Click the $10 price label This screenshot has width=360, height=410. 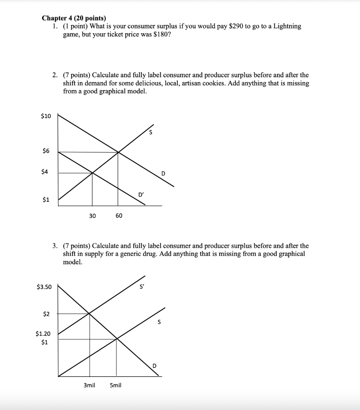(46, 116)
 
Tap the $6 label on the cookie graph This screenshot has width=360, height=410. (46, 151)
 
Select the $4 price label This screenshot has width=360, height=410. (46, 172)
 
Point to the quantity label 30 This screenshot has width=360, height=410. (93, 216)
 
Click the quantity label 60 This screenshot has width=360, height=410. (119, 216)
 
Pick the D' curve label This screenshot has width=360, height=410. (141, 195)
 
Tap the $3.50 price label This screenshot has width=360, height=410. (44, 287)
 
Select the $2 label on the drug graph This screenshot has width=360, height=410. (46, 314)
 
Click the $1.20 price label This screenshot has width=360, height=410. (43, 333)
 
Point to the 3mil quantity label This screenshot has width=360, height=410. (89, 386)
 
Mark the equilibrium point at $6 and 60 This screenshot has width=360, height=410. (118, 152)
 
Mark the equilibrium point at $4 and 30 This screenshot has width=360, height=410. (93, 173)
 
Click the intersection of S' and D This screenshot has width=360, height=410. (89, 313)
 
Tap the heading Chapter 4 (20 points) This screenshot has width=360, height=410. (74, 18)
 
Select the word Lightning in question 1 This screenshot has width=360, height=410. (288, 26)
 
